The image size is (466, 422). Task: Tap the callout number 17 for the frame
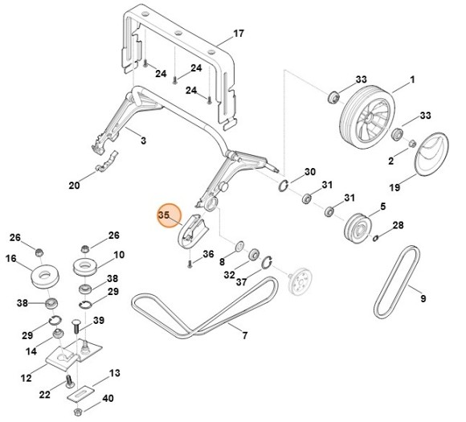[x=237, y=34]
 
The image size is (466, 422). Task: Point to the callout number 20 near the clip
[x=75, y=186]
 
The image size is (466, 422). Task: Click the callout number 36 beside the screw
[x=207, y=255]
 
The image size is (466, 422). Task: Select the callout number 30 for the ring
[x=309, y=173]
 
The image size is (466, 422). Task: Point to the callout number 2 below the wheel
[x=392, y=162]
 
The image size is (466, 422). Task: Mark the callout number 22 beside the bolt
[x=46, y=394]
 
